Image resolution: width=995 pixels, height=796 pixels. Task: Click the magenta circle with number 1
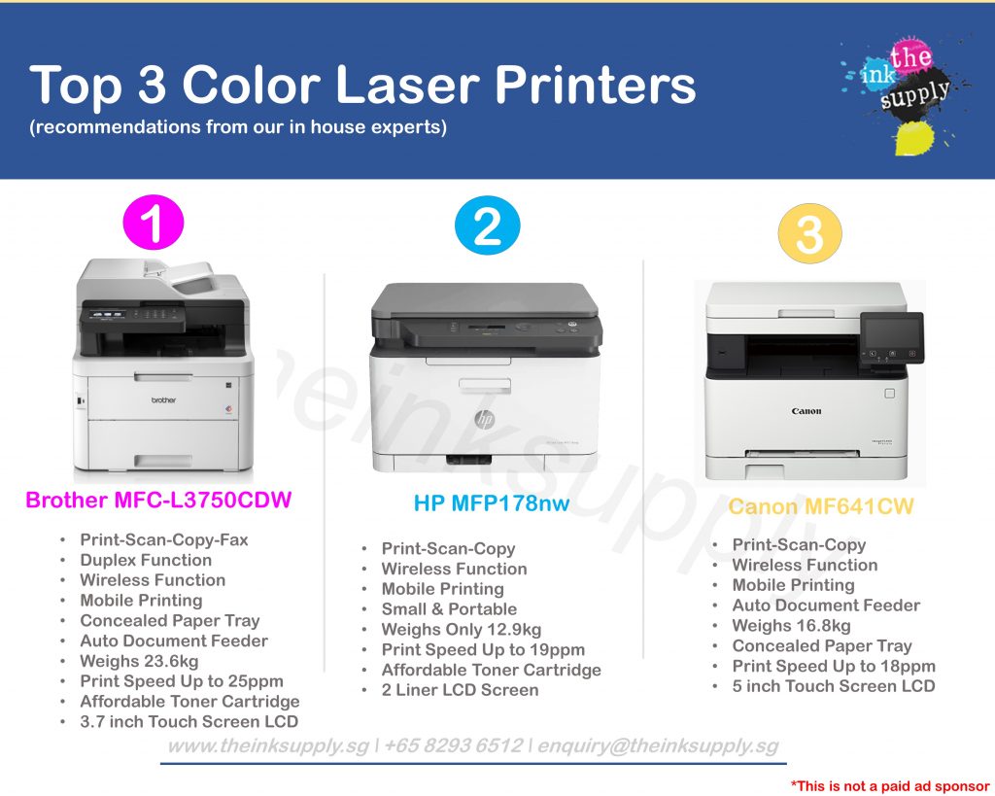pyautogui.click(x=153, y=223)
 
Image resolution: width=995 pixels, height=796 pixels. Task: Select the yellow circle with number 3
pyautogui.click(x=809, y=233)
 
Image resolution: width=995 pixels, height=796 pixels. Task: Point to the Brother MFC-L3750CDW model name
pyautogui.click(x=158, y=500)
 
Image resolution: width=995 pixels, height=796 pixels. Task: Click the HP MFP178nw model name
pyautogui.click(x=491, y=502)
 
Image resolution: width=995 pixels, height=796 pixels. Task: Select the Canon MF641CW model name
pyautogui.click(x=820, y=506)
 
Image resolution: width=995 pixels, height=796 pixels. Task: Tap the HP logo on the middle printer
pyautogui.click(x=484, y=419)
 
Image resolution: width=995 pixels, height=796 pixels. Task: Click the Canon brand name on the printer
pyautogui.click(x=806, y=411)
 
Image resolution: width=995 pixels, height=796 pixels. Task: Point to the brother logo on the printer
pyautogui.click(x=163, y=399)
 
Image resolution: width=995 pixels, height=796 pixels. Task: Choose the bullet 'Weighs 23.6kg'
pyautogui.click(x=139, y=661)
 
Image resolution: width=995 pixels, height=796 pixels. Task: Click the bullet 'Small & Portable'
pyautogui.click(x=449, y=608)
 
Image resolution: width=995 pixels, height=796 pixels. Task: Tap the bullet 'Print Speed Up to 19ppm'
pyautogui.click(x=483, y=649)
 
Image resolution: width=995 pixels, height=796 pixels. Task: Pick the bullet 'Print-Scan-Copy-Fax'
pyautogui.click(x=163, y=539)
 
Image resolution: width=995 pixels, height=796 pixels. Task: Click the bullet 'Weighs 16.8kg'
pyautogui.click(x=791, y=625)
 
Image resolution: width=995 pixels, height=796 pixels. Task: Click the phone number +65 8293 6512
pyautogui.click(x=453, y=745)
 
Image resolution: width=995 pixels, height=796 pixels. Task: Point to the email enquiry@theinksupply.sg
pyautogui.click(x=658, y=745)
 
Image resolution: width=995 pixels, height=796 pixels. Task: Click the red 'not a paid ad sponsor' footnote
pyautogui.click(x=890, y=786)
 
